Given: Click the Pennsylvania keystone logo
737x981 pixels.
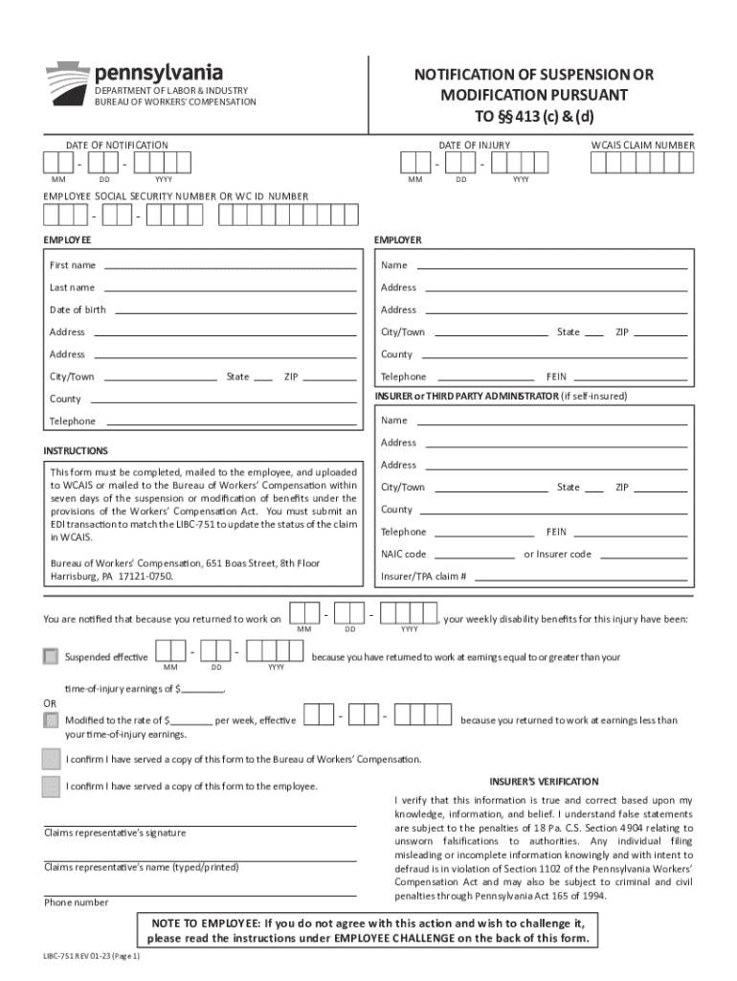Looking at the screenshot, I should pos(67,80).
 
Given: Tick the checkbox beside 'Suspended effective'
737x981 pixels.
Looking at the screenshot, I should pos(51,656).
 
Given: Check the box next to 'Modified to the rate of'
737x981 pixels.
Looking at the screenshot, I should pos(51,719).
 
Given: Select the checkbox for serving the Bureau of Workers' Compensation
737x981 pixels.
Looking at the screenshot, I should pos(51,760).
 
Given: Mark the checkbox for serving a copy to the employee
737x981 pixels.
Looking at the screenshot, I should pos(51,787).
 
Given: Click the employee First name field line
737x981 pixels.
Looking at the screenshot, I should pos(230,266).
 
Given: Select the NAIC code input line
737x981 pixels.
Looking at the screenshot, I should pos(470,555).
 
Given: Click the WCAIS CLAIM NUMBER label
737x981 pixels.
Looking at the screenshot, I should pos(642,146).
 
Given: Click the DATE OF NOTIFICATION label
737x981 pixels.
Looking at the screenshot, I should pos(117,146).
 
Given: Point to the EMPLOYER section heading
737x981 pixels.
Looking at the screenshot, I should pos(398,240).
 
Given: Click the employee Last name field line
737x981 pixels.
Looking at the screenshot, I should pos(230,288).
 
